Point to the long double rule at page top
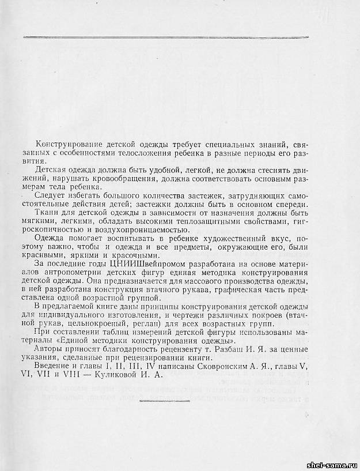click(x=165, y=37)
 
